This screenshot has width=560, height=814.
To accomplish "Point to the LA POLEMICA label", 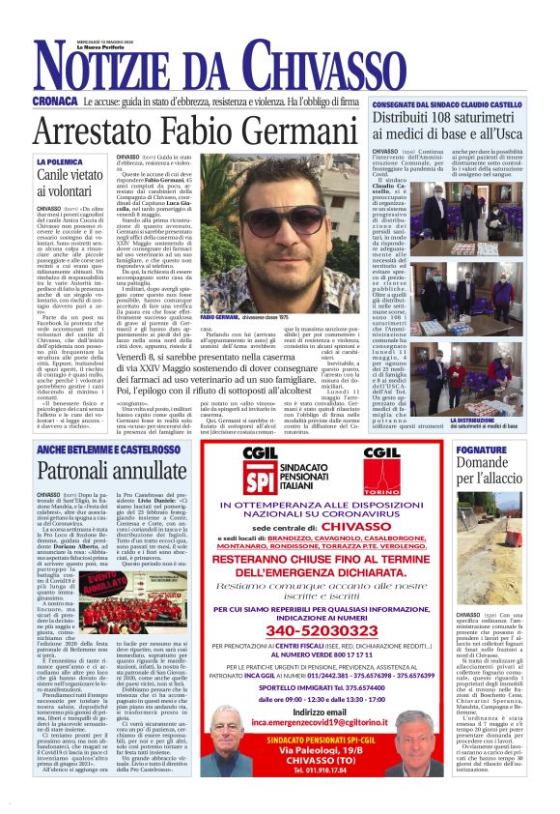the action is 61,161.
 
